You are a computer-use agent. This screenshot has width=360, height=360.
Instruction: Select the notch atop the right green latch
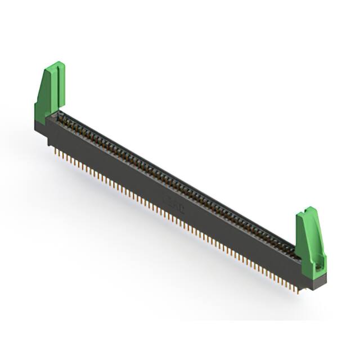(x=308, y=211)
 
